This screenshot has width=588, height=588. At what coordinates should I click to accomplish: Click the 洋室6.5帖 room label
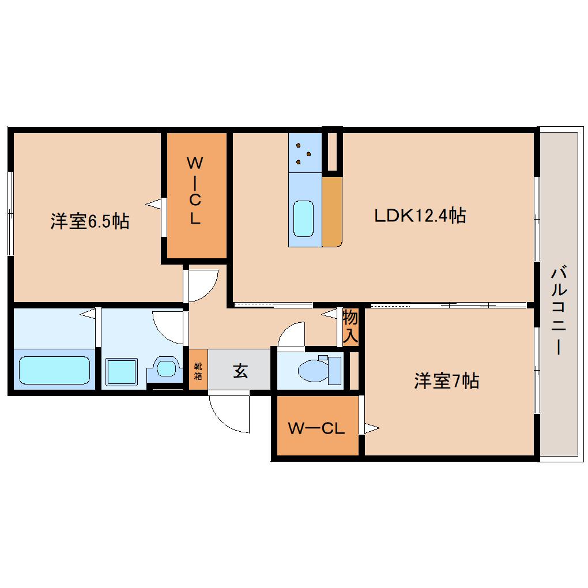click(x=90, y=221)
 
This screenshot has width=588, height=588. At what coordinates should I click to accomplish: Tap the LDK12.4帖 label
click(x=420, y=216)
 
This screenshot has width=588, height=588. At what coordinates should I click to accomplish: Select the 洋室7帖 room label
click(x=446, y=381)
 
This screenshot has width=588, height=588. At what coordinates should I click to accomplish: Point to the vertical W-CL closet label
click(x=195, y=190)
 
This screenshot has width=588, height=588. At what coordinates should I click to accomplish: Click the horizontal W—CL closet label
click(x=316, y=428)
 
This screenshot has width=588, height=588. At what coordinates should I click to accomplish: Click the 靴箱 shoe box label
click(x=198, y=371)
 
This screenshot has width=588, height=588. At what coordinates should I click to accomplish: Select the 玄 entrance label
click(x=240, y=371)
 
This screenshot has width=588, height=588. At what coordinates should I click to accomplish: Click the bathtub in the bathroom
click(x=54, y=370)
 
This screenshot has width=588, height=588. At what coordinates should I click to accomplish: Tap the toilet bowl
click(x=314, y=371)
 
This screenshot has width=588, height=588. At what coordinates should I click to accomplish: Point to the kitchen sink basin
click(x=303, y=218)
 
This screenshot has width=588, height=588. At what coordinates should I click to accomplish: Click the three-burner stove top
click(x=305, y=153)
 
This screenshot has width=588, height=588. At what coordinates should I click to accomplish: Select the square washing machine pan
click(x=122, y=372)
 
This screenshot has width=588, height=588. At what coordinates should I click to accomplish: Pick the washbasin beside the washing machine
click(x=166, y=368)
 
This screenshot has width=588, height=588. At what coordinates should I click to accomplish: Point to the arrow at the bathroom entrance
click(x=88, y=314)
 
